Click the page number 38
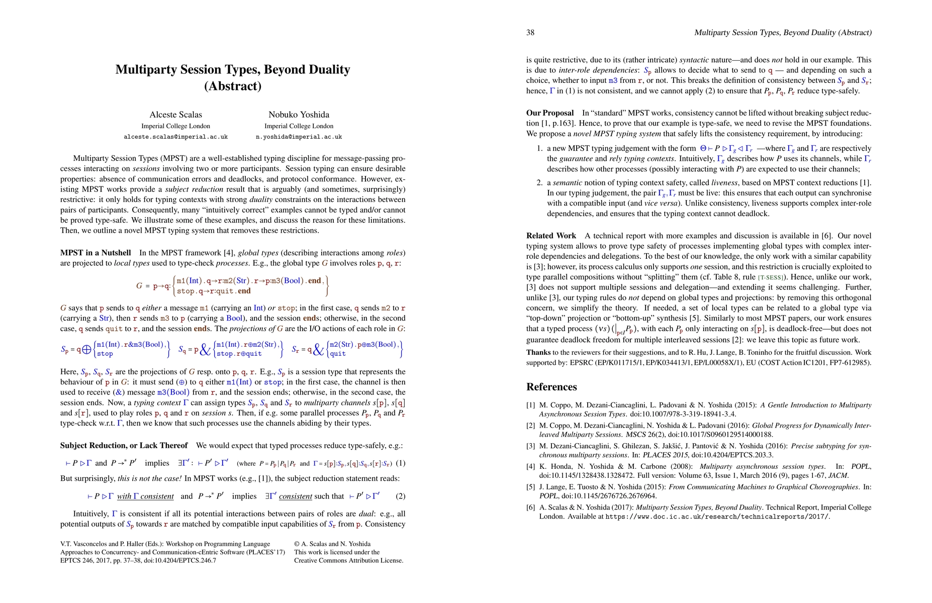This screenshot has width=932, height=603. (x=530, y=33)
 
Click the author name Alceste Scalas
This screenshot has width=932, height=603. (x=175, y=115)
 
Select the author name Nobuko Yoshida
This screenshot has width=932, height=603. (x=299, y=115)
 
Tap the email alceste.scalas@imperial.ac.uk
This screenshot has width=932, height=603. (x=175, y=137)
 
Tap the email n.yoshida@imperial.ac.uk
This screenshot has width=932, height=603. (x=299, y=137)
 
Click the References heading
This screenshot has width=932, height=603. (x=551, y=387)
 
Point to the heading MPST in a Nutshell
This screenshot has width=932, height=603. (x=96, y=253)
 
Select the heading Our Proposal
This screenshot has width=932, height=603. (x=550, y=113)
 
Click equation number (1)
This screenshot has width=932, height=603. (x=400, y=463)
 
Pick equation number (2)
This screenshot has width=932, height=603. (x=400, y=496)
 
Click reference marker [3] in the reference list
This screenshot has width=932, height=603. (x=530, y=446)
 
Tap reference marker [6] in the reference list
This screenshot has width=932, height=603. (x=530, y=508)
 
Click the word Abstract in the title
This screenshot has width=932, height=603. (x=233, y=86)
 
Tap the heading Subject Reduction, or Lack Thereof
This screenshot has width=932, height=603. (x=124, y=446)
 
